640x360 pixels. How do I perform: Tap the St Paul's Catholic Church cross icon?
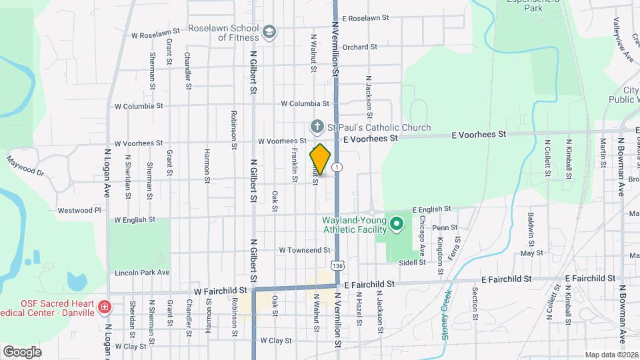pyautogui.click(x=317, y=127)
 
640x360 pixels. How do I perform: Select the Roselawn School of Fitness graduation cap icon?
pyautogui.click(x=269, y=32)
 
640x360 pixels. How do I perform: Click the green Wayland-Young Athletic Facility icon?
pyautogui.click(x=396, y=224)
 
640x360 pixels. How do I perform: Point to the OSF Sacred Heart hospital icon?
pyautogui.click(x=104, y=307)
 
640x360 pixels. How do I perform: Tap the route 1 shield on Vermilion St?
pyautogui.click(x=338, y=167)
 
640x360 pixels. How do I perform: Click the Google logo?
pyautogui.click(x=23, y=351)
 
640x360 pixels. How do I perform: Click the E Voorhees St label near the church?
pyautogui.click(x=370, y=138)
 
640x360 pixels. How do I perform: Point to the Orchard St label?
pyautogui.click(x=361, y=47)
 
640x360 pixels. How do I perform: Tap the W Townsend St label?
pyautogui.click(x=305, y=250)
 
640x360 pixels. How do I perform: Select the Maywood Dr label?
pyautogui.click(x=25, y=166)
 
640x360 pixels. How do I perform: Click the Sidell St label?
pyautogui.click(x=413, y=262)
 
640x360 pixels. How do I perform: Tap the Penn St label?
pyautogui.click(x=445, y=227)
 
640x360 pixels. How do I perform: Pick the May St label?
pyautogui.click(x=531, y=253)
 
